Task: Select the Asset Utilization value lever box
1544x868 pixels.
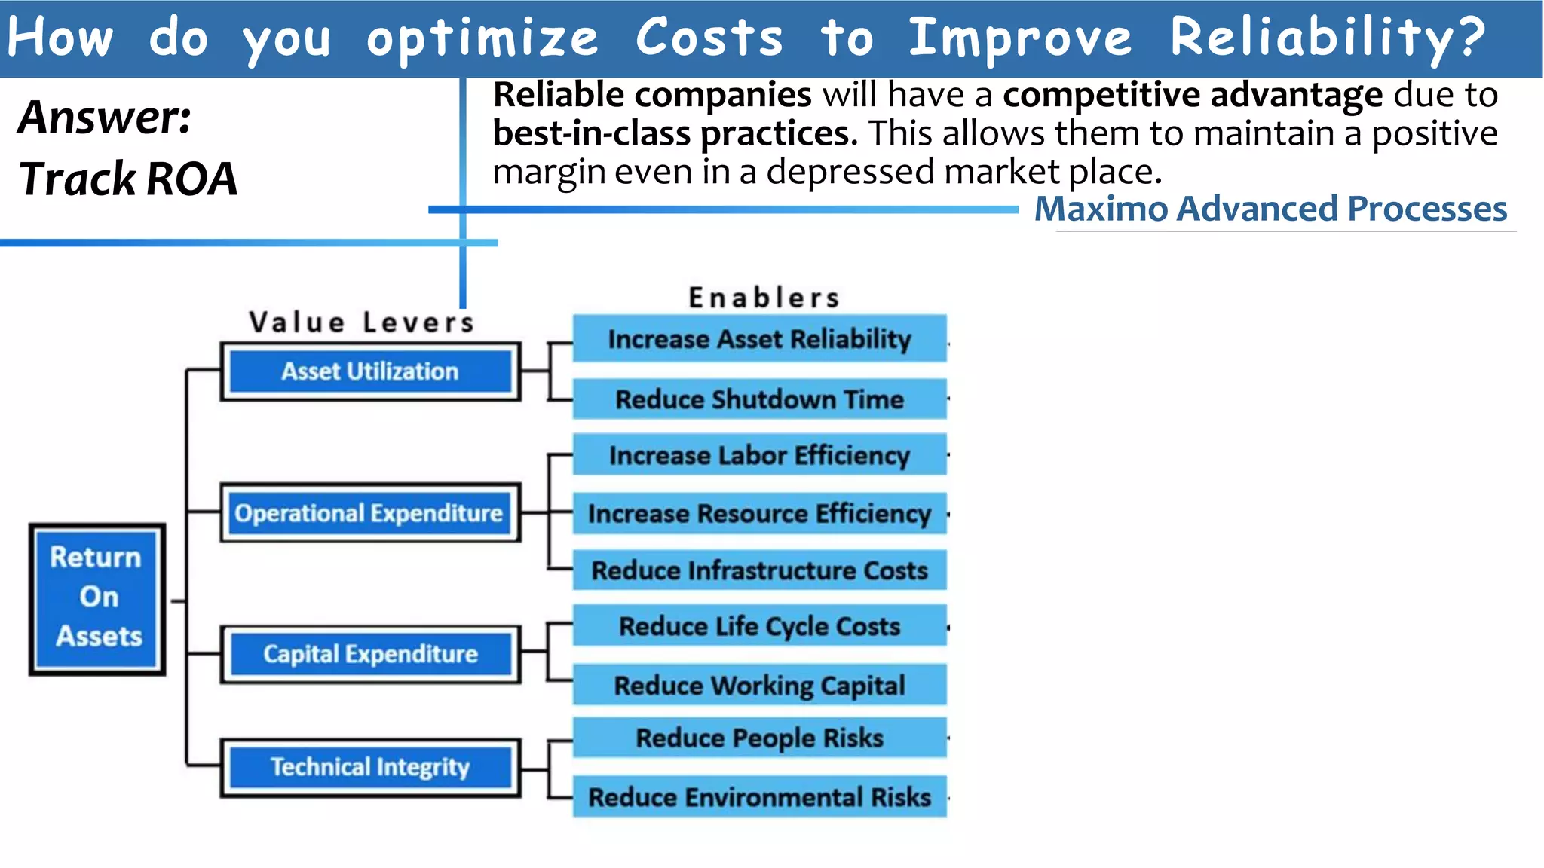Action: coord(370,371)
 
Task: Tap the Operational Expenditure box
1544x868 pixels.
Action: coord(369,513)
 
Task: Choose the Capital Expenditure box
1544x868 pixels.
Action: coord(370,654)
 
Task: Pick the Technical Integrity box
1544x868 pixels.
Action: coord(370,767)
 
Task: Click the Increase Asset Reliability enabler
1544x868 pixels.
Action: coord(759,339)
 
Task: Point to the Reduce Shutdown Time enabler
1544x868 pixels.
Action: coord(759,399)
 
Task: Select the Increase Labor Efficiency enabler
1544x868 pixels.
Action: coord(759,455)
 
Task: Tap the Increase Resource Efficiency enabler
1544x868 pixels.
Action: coord(759,514)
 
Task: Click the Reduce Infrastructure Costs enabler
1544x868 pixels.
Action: coord(759,570)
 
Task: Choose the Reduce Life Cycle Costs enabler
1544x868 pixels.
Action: coord(759,626)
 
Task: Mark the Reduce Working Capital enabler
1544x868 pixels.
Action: coord(759,685)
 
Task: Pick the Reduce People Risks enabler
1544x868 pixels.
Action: coord(759,738)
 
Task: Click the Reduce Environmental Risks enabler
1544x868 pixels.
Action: coord(759,797)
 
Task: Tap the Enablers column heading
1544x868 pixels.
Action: coord(764,298)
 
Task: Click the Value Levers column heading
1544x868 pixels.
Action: coord(362,322)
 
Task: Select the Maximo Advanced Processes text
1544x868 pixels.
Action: coord(1270,209)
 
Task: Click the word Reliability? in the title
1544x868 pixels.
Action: coord(1327,38)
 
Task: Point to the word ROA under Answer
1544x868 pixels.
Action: coord(191,179)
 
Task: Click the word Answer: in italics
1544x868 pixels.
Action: coord(105,118)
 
